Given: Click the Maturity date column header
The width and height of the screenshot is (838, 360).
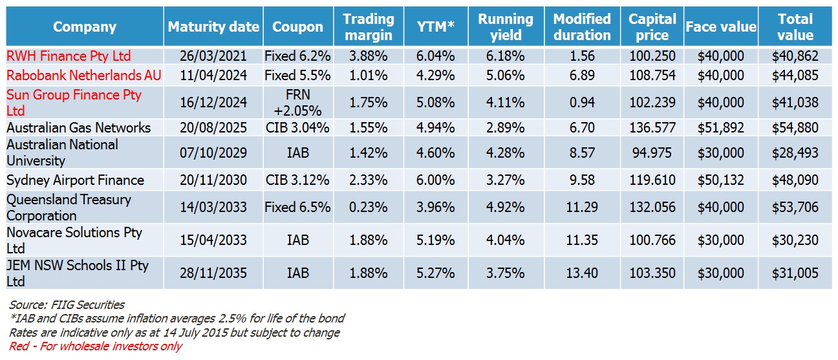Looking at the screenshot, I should (x=213, y=27).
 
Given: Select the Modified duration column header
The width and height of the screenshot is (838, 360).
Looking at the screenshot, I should (x=582, y=27).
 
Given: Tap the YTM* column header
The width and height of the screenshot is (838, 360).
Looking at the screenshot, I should (x=436, y=27).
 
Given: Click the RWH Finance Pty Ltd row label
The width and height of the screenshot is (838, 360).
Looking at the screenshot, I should (x=69, y=56).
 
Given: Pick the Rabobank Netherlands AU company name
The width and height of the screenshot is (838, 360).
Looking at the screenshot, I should (x=83, y=76).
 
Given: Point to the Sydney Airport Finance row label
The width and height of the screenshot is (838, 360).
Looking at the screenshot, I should (x=75, y=180).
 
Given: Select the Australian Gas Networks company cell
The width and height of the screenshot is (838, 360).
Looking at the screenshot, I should (x=78, y=127).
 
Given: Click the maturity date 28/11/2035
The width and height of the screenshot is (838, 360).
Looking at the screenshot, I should (x=213, y=273).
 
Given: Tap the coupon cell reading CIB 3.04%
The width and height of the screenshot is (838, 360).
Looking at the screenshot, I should (x=297, y=127).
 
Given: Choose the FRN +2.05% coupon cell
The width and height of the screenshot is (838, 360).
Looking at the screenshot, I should (x=297, y=102).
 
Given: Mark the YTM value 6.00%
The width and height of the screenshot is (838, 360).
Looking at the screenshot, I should (x=436, y=180).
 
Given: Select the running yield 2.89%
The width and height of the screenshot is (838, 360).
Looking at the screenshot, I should (x=505, y=127).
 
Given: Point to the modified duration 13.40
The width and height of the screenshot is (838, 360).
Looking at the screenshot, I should (x=582, y=273).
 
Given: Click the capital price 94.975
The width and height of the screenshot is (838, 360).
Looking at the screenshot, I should (x=652, y=153).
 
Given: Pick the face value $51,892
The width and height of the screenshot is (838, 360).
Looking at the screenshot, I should (x=720, y=127).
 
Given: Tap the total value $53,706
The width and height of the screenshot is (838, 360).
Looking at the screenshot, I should (x=795, y=207).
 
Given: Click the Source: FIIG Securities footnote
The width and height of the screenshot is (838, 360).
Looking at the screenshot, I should (x=67, y=304).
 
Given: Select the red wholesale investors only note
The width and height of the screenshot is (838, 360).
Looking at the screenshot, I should (x=96, y=346).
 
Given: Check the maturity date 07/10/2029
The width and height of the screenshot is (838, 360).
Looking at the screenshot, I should (x=213, y=153).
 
